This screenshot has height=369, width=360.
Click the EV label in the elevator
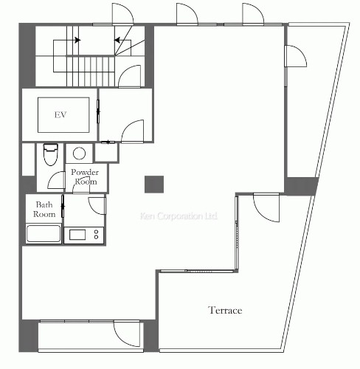point(60,115)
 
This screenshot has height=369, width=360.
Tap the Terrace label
point(225,310)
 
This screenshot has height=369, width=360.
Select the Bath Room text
point(44,210)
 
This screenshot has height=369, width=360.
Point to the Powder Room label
point(85,176)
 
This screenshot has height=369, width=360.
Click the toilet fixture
point(51,154)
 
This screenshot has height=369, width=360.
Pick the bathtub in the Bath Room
point(44,233)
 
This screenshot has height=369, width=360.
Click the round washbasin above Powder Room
point(79,154)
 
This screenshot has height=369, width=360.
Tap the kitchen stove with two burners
point(84,235)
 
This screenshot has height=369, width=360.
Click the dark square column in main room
point(154,184)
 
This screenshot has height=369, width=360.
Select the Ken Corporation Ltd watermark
point(179,216)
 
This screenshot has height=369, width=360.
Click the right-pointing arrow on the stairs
point(77,40)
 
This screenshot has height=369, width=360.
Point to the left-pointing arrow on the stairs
point(117,40)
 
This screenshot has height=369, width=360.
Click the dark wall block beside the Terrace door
point(301,186)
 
